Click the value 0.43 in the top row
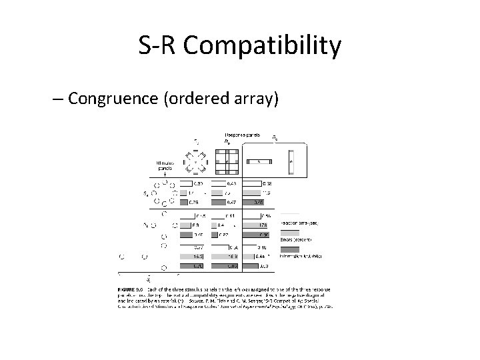[231, 183]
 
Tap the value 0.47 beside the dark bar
[231, 201]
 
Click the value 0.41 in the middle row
[231, 217]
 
